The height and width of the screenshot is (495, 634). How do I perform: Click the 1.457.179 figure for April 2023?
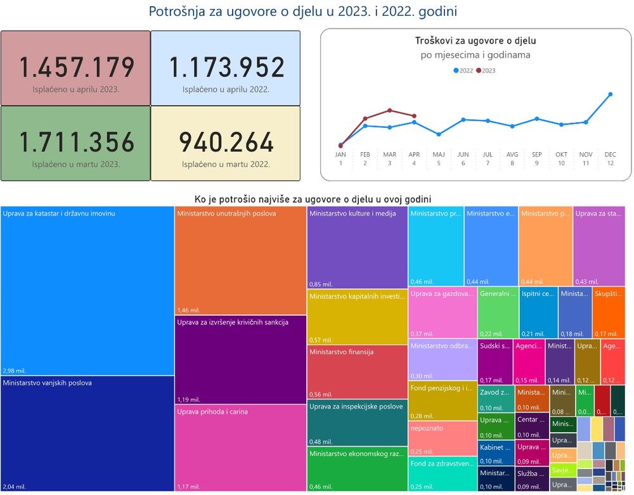pos(76,67)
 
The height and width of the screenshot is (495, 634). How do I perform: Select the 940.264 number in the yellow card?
pos(226,142)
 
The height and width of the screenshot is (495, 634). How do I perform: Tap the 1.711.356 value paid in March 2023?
pos(76,142)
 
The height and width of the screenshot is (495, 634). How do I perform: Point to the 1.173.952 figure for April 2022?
pos(226,67)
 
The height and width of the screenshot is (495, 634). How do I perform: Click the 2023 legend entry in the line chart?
pos(486,70)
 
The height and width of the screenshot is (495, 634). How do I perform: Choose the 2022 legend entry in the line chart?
pos(463,70)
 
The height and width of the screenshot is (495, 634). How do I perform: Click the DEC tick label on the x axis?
pos(610,155)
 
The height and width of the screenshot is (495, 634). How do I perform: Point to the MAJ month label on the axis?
pos(439,155)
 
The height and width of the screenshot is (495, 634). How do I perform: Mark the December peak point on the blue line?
pos(611,94)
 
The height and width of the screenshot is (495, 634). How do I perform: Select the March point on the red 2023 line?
pos(390,110)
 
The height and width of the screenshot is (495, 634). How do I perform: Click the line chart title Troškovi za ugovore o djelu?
pos(475,41)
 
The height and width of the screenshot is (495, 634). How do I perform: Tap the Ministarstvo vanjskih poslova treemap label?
pos(47,383)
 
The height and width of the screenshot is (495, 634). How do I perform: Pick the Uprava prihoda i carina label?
pos(212,411)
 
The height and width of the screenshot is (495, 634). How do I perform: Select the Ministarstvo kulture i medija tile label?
pos(353,214)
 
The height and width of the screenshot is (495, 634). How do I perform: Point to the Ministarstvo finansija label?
pos(341,352)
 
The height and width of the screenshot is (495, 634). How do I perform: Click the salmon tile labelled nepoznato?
pos(427,428)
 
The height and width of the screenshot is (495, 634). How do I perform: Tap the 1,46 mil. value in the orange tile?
pos(189,310)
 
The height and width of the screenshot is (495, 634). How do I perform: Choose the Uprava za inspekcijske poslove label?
pos(356,406)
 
